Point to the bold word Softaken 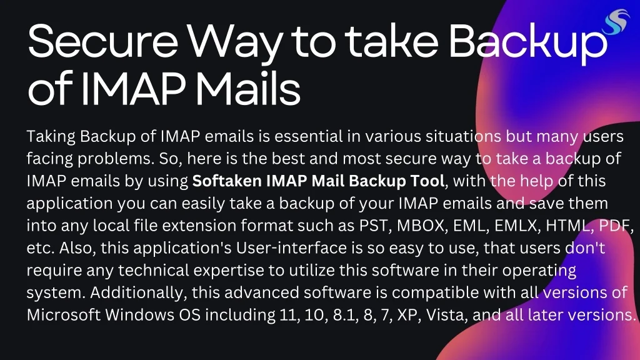click(x=227, y=182)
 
